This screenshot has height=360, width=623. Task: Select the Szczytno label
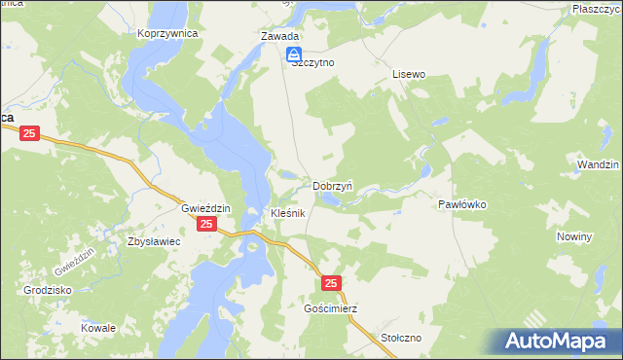click(x=311, y=60)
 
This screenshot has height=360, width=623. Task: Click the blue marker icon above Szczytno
click(x=293, y=56)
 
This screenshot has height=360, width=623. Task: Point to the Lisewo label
click(x=409, y=74)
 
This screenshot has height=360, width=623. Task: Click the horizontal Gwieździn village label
click(x=204, y=209)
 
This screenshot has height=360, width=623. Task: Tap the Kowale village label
click(x=98, y=328)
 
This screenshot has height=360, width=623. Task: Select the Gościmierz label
click(x=331, y=308)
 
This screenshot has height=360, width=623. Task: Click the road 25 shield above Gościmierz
click(x=332, y=282)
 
